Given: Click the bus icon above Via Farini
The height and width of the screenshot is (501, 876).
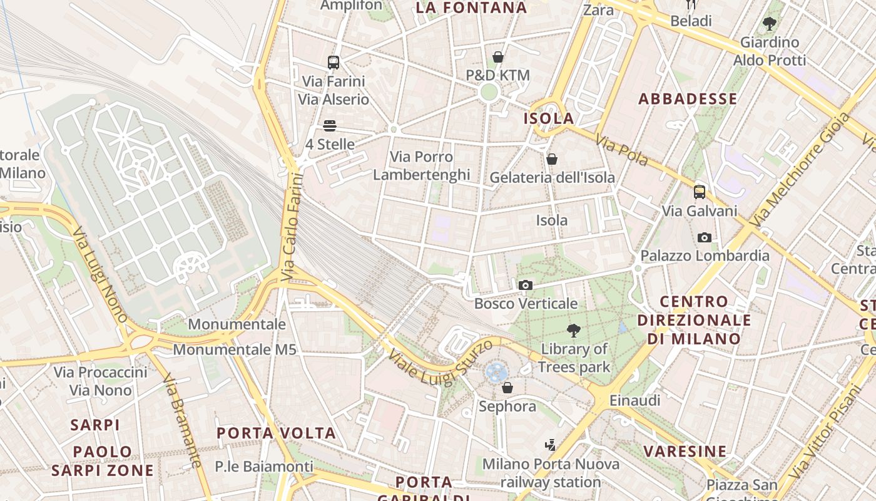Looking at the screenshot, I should tap(334, 63).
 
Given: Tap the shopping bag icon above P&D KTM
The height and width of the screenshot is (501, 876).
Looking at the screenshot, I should tap(498, 58).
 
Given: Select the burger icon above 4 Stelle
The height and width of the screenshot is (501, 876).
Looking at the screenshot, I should tap(330, 126).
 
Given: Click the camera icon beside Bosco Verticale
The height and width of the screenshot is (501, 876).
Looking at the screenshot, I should tap(526, 286).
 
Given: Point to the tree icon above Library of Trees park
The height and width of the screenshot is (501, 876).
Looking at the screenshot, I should tap(573, 331).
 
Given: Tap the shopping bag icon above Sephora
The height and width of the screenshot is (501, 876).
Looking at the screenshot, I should tap(507, 388).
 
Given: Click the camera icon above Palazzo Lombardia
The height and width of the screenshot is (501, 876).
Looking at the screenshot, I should tap(705, 237).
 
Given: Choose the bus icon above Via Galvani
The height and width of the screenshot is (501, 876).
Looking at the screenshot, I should tap(700, 192).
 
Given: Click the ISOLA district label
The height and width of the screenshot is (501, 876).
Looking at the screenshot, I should tap(549, 118).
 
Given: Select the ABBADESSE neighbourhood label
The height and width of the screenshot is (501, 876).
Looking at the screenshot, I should tap(688, 99).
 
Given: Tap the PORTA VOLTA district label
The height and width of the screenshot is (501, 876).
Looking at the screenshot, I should tap(276, 433).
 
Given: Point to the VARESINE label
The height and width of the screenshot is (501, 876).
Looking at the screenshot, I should tap(685, 451).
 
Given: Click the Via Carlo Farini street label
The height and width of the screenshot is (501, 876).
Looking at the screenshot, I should tap(292, 227).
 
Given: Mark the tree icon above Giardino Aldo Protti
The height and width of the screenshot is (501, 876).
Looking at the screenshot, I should tap(770, 24).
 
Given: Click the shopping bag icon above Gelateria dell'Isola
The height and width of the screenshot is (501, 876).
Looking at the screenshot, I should tap(552, 160).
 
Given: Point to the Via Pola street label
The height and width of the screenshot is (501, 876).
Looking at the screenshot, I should tap(621, 151).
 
